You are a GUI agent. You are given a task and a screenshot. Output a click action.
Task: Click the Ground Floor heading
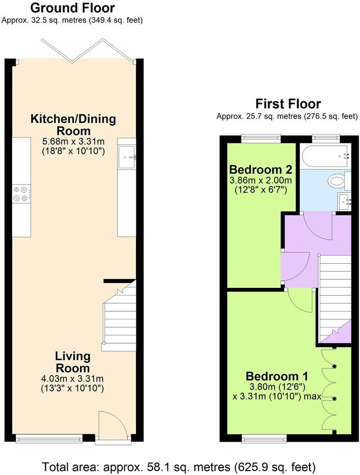(x=73, y=8)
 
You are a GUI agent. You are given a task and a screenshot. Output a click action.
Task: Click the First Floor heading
(x=288, y=103)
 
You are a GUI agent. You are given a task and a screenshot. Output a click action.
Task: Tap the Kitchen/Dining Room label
(x=73, y=125)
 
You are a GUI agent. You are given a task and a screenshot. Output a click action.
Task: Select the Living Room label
(x=73, y=362)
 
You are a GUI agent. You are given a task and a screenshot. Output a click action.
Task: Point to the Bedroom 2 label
(x=261, y=169)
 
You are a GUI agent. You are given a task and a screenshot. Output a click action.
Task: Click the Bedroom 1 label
(x=277, y=376)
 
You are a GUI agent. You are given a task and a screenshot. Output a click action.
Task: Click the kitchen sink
(x=127, y=157)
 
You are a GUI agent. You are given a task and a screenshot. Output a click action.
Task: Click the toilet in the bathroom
(x=339, y=181)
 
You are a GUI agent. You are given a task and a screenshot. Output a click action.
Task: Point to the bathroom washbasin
(x=344, y=202)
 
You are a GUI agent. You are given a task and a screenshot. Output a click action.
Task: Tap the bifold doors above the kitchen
(x=88, y=50)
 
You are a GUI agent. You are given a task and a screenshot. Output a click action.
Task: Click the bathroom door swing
(x=318, y=227)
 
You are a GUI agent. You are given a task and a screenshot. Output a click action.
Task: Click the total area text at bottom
(x=179, y=466)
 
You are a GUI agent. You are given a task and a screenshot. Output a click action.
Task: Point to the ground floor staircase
(x=119, y=315)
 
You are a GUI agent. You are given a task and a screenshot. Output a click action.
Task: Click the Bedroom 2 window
(x=261, y=138)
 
